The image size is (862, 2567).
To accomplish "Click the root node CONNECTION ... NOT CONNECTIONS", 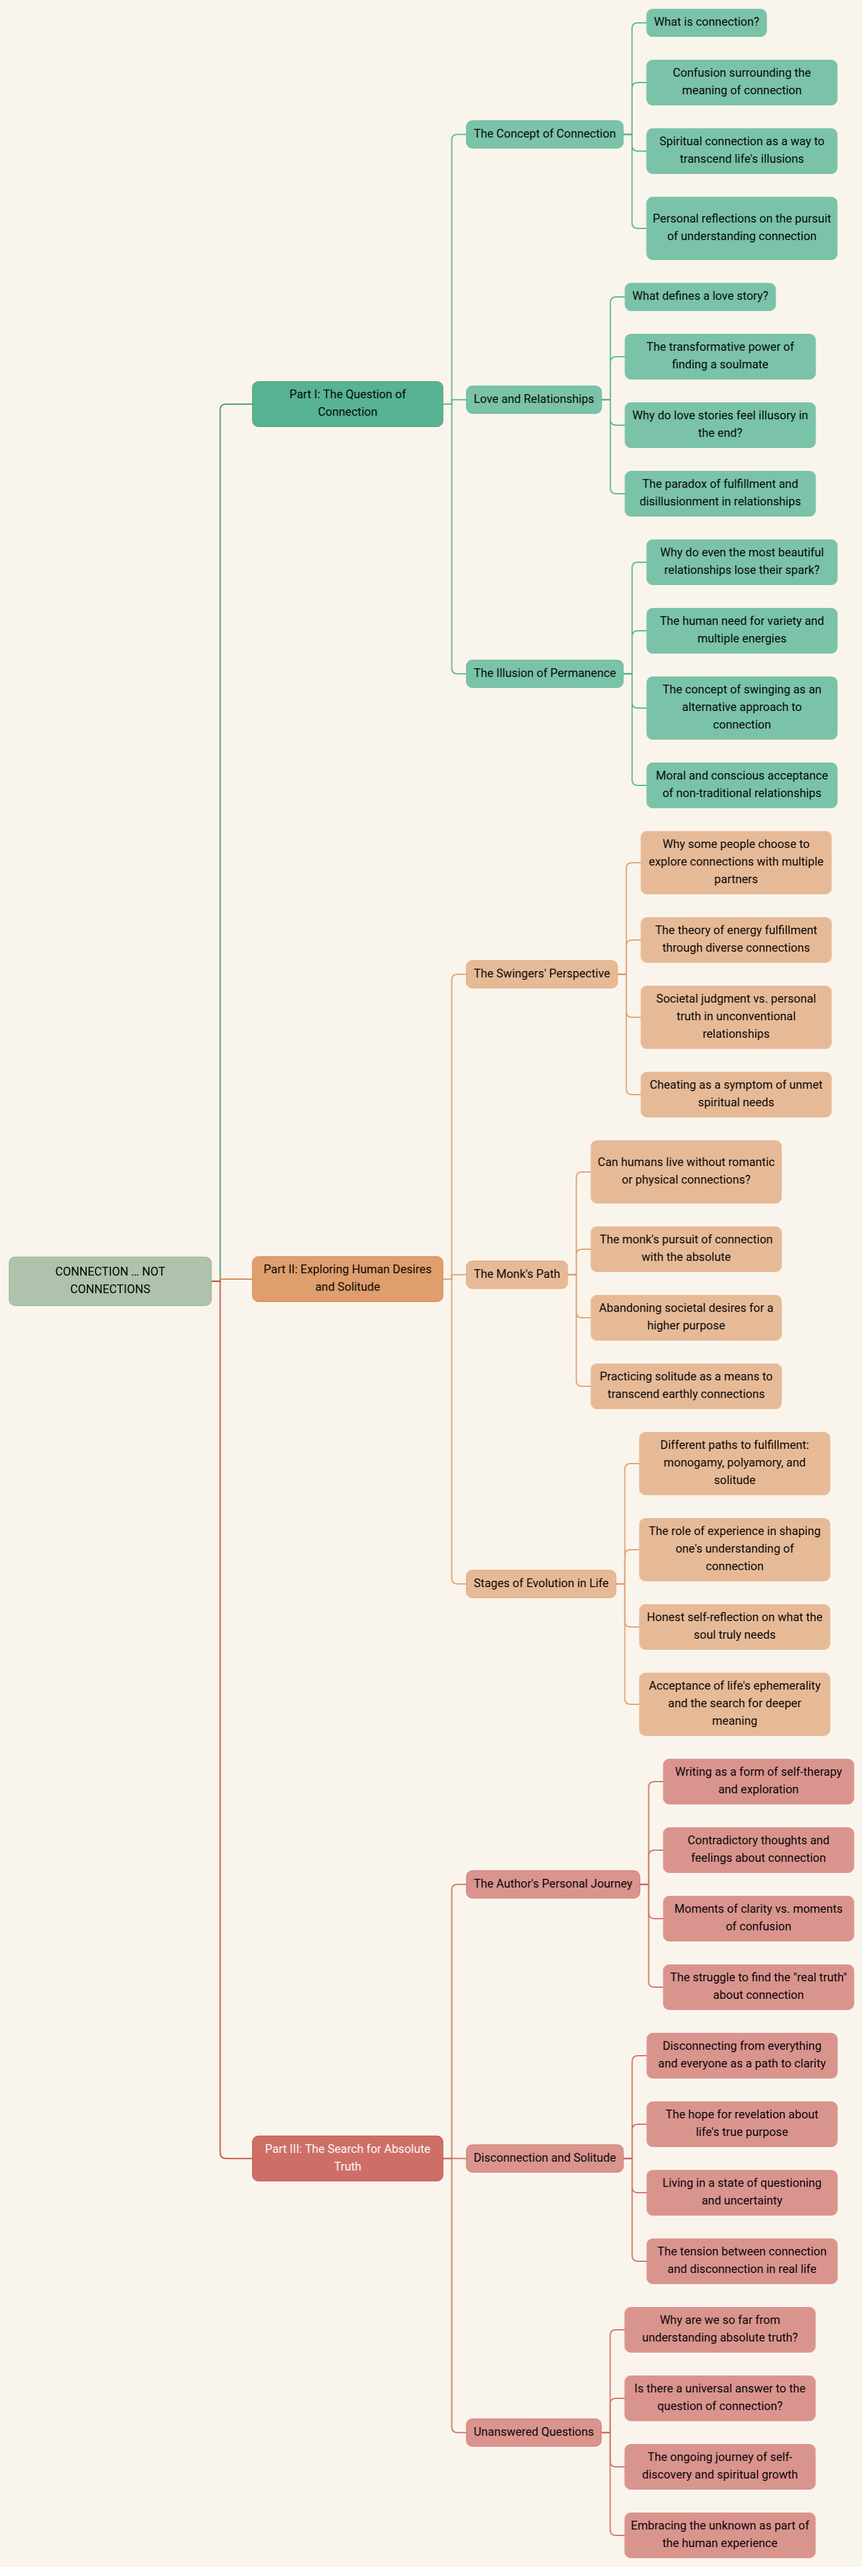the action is pyautogui.click(x=110, y=1280).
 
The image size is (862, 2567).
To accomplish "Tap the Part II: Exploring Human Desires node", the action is pyautogui.click(x=347, y=1279).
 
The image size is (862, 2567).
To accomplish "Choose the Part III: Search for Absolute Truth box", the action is pyautogui.click(x=347, y=2158).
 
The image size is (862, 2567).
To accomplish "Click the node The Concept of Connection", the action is pyautogui.click(x=544, y=134).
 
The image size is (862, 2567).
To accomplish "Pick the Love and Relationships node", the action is pyautogui.click(x=533, y=399).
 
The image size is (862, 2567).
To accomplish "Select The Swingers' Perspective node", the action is pyautogui.click(x=541, y=973).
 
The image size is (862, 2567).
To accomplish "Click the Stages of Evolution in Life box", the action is pyautogui.click(x=540, y=1584).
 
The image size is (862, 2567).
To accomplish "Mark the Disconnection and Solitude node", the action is pyautogui.click(x=544, y=2158).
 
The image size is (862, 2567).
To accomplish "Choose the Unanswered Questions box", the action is pyautogui.click(x=533, y=2432).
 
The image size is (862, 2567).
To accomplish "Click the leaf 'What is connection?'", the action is pyautogui.click(x=706, y=22).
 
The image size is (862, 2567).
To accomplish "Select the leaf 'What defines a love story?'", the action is pyautogui.click(x=700, y=296).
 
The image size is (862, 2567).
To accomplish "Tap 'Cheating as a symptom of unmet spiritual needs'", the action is pyautogui.click(x=735, y=1094).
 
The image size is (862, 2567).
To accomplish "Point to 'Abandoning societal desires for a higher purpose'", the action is pyautogui.click(x=686, y=1317).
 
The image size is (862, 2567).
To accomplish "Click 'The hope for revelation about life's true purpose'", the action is pyautogui.click(x=741, y=2124).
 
